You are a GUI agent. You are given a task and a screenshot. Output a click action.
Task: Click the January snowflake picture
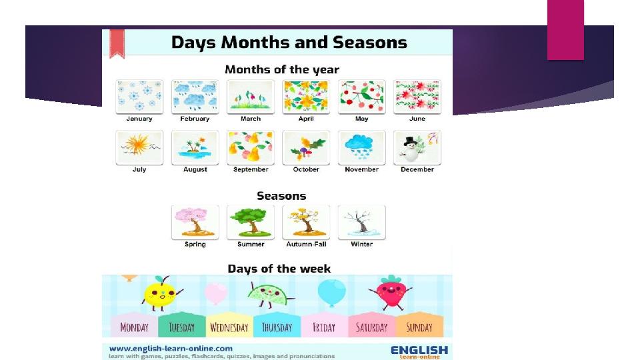click(x=139, y=97)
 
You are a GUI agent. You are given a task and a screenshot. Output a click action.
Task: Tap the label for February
click(x=195, y=119)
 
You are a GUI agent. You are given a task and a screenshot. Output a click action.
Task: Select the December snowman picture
click(x=417, y=147)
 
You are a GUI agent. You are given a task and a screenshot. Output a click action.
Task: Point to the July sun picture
click(x=139, y=147)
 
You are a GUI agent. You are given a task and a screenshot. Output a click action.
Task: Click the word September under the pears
click(x=251, y=169)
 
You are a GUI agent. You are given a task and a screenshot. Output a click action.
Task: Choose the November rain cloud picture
click(x=361, y=147)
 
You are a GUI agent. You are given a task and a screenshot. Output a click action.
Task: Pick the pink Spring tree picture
click(x=195, y=223)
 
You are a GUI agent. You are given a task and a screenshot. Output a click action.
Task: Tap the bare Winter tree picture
click(x=361, y=223)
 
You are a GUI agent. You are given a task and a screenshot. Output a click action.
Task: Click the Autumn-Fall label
click(x=306, y=244)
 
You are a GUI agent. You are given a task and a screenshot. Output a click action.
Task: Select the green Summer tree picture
click(x=251, y=223)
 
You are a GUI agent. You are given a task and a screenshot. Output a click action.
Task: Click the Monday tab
click(x=134, y=325)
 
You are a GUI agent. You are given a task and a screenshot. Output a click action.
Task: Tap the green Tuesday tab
click(x=181, y=325)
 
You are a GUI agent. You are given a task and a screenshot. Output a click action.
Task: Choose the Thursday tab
click(x=277, y=325)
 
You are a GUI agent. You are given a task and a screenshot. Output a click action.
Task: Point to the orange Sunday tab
click(x=419, y=325)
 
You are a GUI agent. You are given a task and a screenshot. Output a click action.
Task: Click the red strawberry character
click(x=391, y=292)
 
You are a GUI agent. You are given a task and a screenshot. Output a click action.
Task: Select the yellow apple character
click(x=161, y=293)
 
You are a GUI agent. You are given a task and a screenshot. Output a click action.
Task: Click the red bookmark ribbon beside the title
click(x=117, y=43)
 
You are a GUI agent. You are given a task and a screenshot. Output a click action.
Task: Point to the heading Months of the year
click(x=282, y=69)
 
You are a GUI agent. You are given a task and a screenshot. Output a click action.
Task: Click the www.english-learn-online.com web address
click(x=171, y=349)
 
